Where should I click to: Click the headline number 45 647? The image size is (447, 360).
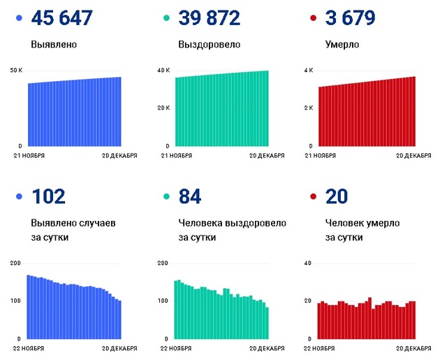(x=62, y=18)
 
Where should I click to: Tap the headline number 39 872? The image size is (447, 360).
(x=210, y=18)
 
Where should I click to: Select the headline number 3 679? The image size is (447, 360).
(x=350, y=18)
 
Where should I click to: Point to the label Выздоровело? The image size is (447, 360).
(x=209, y=45)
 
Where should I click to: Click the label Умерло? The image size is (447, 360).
(x=342, y=45)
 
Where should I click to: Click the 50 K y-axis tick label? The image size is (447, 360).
(x=17, y=71)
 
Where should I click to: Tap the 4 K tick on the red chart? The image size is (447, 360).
(x=308, y=71)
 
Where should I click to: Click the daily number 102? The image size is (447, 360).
(x=48, y=197)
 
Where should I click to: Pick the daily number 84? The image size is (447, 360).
(x=190, y=197)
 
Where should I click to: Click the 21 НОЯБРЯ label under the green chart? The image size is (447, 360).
(x=177, y=155)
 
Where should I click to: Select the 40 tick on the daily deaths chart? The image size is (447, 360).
(x=307, y=263)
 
